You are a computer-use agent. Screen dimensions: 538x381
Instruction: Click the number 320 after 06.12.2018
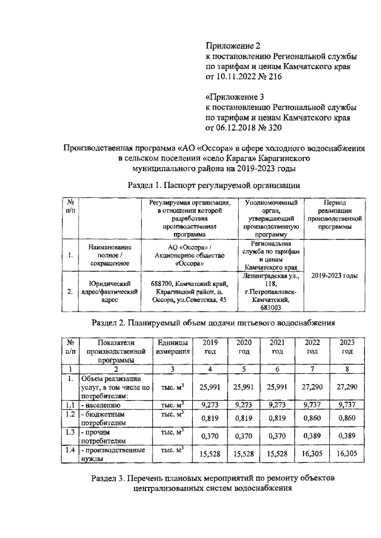[273, 127]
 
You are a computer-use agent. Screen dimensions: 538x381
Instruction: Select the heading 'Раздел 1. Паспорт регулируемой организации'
[214, 185]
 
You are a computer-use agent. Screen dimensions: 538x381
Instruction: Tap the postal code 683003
[270, 308]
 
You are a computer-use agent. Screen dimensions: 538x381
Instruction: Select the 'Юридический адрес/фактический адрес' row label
[110, 292]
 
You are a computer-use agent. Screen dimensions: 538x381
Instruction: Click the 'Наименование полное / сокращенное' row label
[110, 254]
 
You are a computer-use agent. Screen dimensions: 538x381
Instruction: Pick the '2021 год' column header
[277, 347]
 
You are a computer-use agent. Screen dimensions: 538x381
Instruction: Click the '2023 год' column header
[347, 347]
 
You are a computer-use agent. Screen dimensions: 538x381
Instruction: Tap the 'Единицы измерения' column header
[173, 347]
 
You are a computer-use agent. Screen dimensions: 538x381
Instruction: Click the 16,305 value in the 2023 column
[347, 454]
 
